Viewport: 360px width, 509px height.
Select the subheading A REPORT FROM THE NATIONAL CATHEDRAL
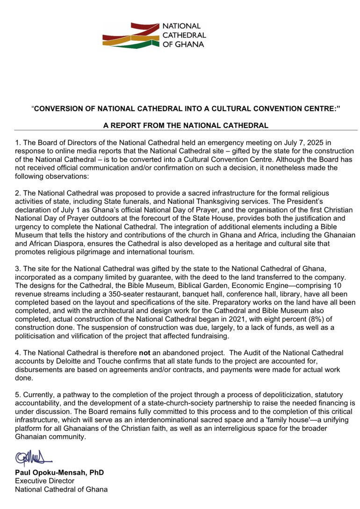[186, 125]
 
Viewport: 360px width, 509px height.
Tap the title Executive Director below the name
[44, 481]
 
